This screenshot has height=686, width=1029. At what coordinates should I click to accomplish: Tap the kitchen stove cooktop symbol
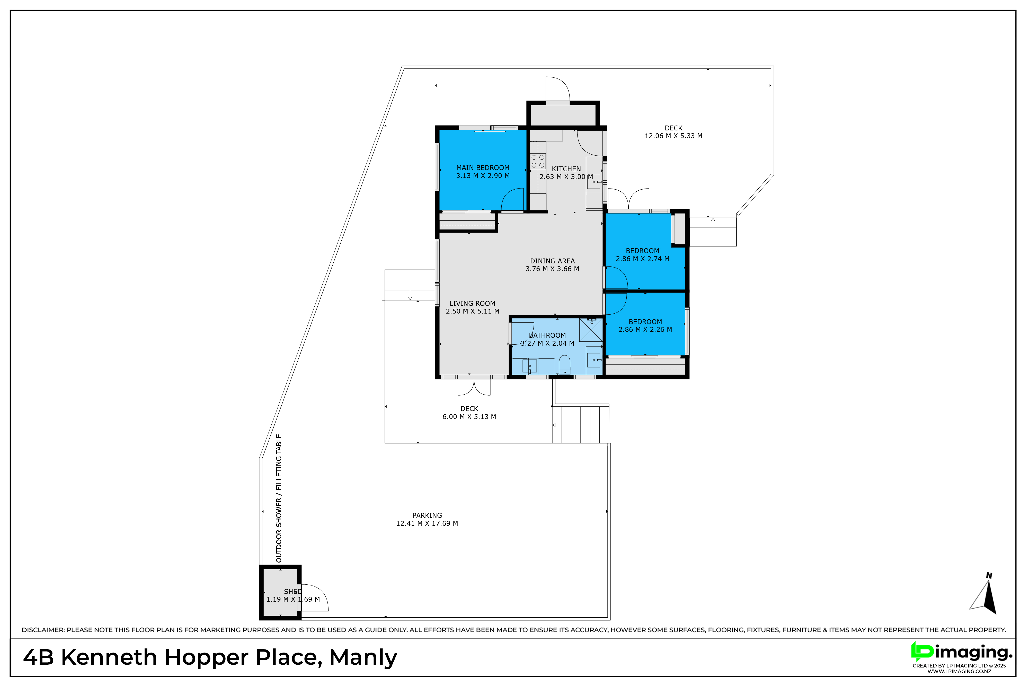(x=538, y=161)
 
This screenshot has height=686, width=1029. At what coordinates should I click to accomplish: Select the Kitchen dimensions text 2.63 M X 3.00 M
(x=566, y=177)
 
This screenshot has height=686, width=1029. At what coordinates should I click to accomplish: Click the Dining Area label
(x=552, y=261)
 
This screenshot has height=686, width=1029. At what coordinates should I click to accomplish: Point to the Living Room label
(x=472, y=304)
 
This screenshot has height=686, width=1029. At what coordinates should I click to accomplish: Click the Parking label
(x=427, y=516)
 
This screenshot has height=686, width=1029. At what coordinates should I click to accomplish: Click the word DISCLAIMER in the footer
(x=43, y=630)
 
